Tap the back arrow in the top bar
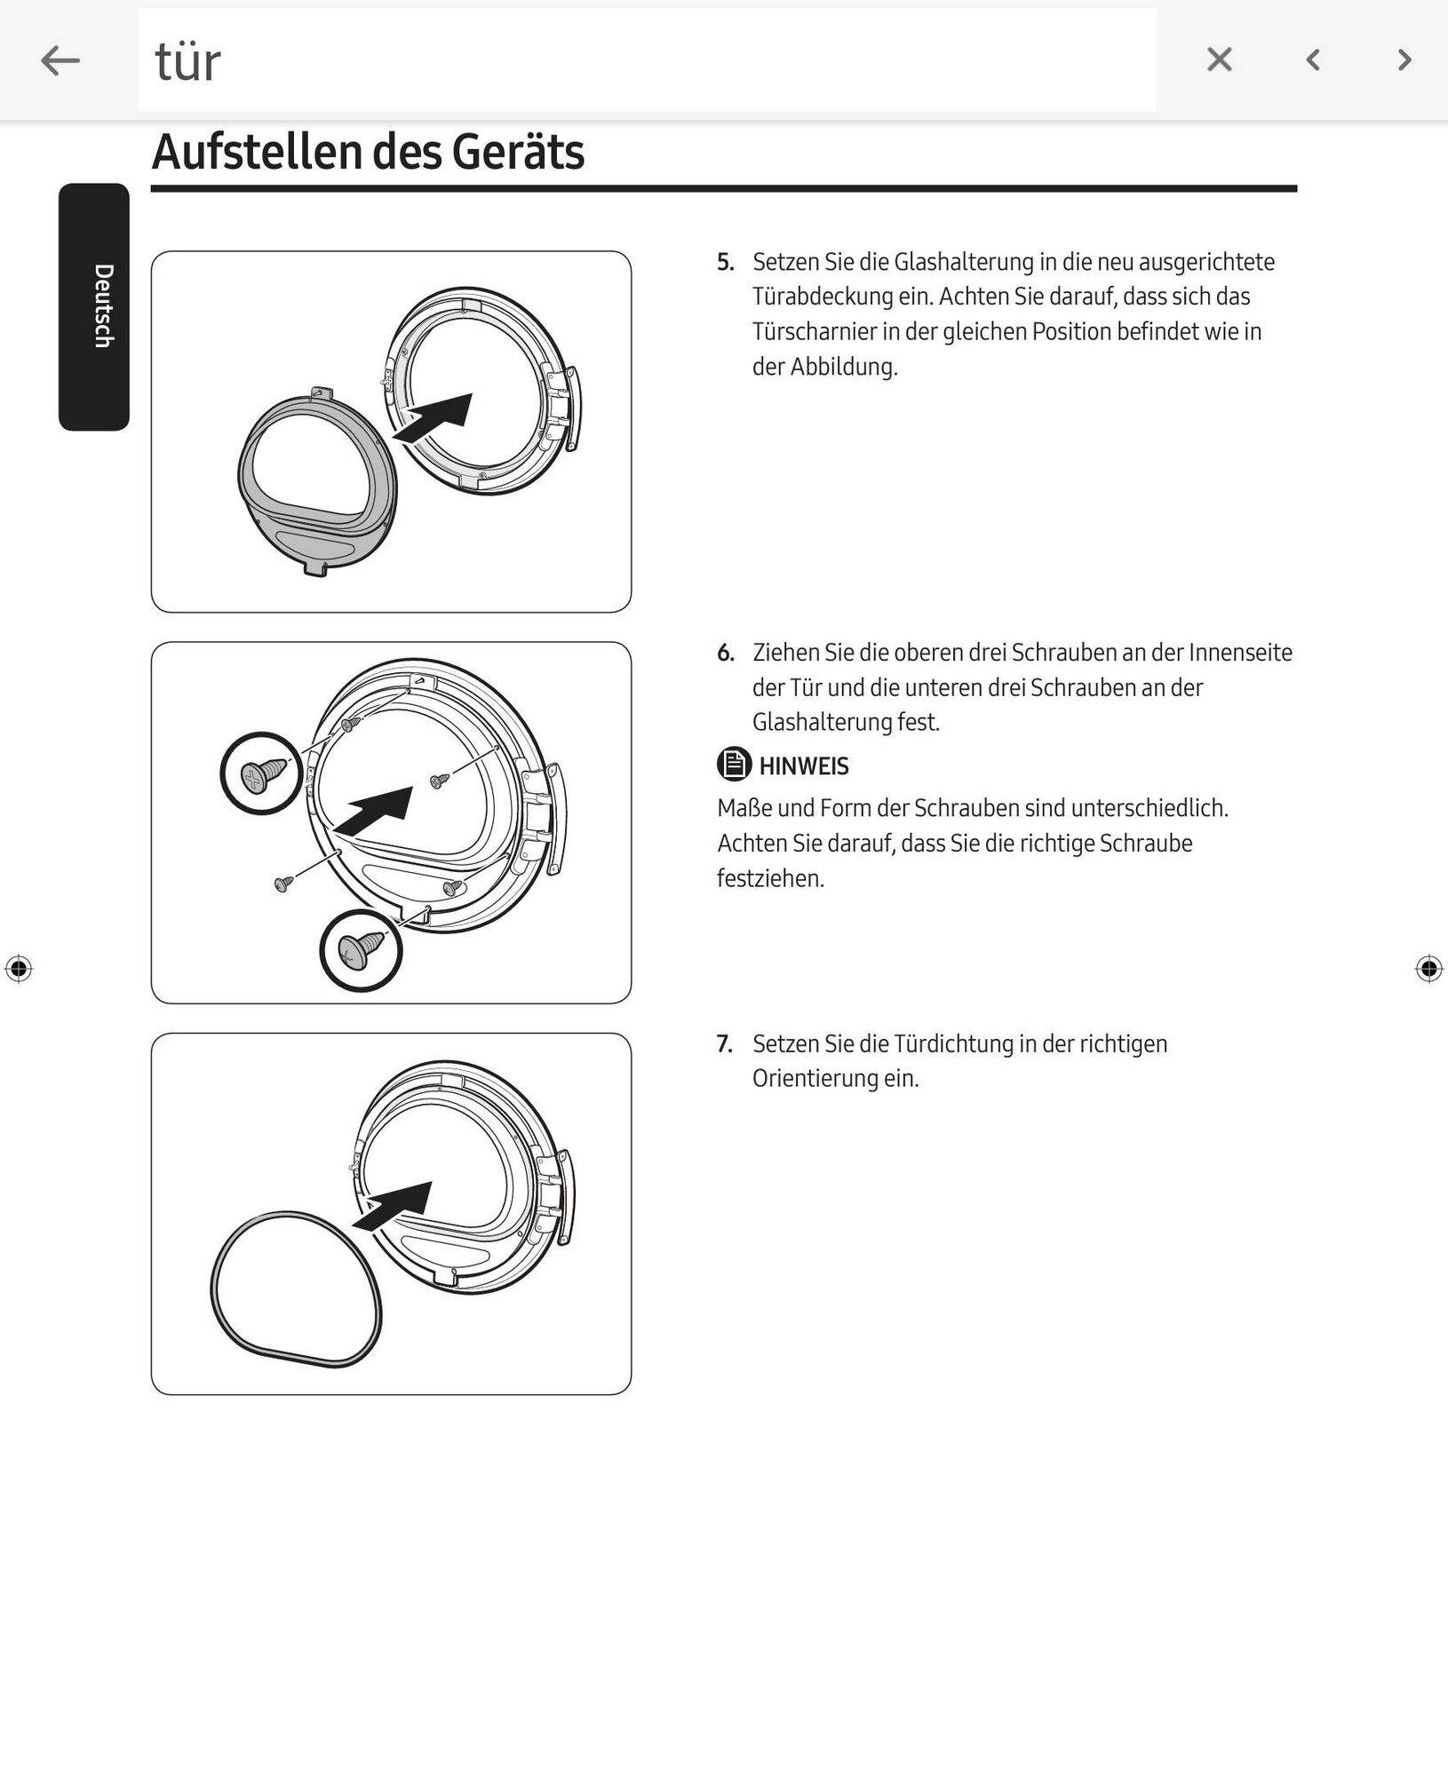point(60,60)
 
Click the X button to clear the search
point(1219,59)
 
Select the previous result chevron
point(1313,59)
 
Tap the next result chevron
point(1404,59)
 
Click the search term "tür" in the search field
point(187,61)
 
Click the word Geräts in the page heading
point(518,152)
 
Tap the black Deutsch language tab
point(94,306)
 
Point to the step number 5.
point(725,262)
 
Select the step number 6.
point(725,653)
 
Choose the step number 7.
point(725,1043)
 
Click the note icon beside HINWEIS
point(734,765)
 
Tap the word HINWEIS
point(804,766)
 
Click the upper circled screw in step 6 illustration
point(262,773)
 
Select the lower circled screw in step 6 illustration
point(362,950)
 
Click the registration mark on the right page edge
point(1428,968)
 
